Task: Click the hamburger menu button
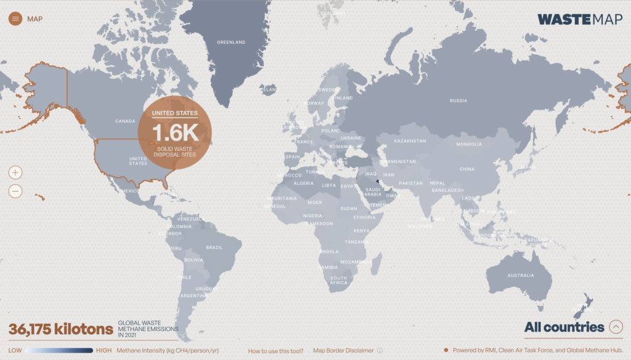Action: click(x=15, y=18)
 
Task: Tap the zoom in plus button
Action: click(x=15, y=173)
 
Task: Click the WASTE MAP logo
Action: click(x=580, y=19)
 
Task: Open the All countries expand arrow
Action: click(x=615, y=327)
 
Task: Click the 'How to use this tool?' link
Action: click(x=275, y=351)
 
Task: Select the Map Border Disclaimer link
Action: click(x=343, y=351)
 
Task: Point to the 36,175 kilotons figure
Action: click(x=60, y=329)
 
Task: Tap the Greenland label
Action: click(x=231, y=43)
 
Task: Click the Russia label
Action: click(x=458, y=100)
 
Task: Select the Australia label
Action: click(x=521, y=276)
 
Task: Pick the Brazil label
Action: click(x=214, y=248)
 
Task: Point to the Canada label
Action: click(x=125, y=121)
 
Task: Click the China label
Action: click(x=467, y=169)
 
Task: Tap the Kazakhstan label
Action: click(x=410, y=141)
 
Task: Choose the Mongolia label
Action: click(x=469, y=144)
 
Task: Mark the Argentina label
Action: click(x=193, y=296)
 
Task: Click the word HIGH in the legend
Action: click(x=104, y=351)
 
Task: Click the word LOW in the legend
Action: click(x=15, y=351)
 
